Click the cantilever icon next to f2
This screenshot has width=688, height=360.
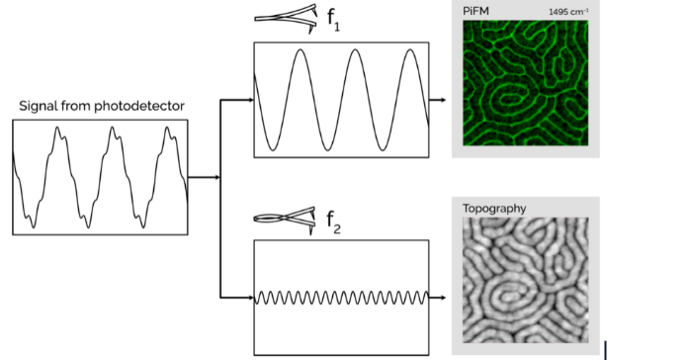[286, 218]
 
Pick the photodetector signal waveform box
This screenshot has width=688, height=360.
[100, 177]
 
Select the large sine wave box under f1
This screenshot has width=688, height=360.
[341, 99]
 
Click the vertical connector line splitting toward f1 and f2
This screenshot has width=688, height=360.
[219, 198]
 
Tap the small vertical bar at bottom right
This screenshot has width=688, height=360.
[605, 349]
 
